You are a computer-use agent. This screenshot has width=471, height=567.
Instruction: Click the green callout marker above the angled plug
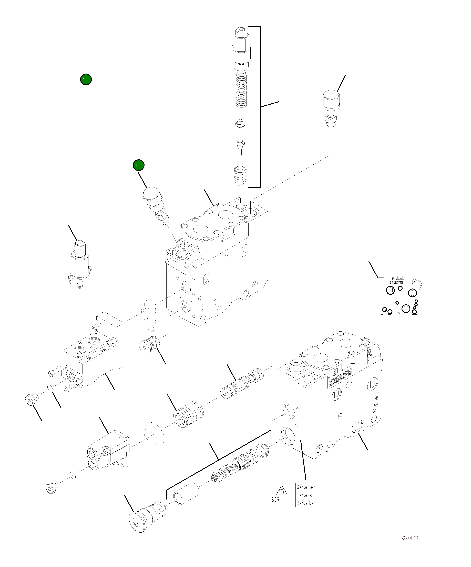click(x=138, y=165)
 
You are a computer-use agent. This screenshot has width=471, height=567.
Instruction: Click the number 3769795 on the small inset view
click(x=396, y=283)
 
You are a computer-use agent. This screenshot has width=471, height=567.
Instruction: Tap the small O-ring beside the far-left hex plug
click(x=50, y=388)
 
